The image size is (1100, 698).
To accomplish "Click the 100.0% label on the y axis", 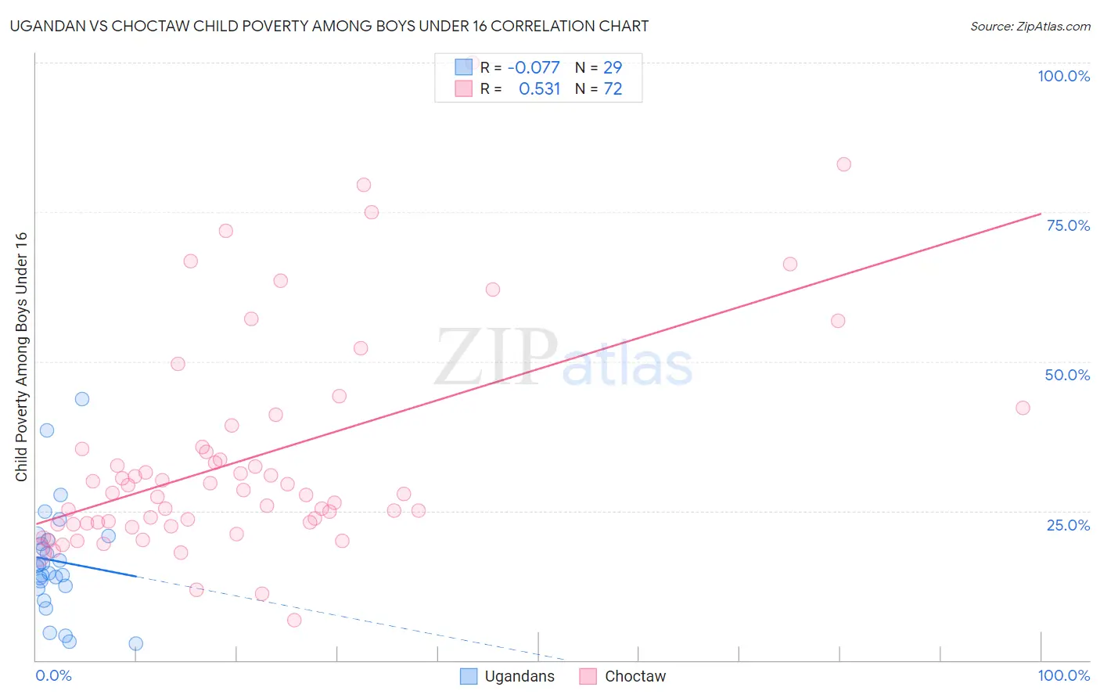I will tap(1063, 76).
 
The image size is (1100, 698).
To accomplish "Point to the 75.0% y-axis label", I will tap(1068, 225).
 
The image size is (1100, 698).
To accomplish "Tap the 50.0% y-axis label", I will tap(1067, 375).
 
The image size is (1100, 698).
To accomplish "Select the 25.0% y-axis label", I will tap(1068, 525).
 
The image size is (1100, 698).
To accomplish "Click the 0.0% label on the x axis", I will tap(53, 675).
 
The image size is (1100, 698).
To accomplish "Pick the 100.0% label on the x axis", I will tap(1063, 675).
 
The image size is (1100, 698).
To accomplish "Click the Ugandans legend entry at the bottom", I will tap(508, 676).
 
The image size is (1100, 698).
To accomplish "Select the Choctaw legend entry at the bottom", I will tap(623, 676).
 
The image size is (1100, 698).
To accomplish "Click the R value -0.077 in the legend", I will tap(534, 68).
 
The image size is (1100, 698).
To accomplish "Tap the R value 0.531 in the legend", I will tap(539, 89).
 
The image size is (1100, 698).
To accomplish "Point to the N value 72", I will tap(613, 89).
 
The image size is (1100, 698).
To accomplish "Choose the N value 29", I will tap(613, 68).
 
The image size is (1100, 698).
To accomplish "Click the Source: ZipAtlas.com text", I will tap(1030, 26).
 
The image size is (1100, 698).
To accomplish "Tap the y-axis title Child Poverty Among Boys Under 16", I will tap(21, 357).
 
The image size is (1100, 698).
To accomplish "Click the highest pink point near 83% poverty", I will tap(843, 164).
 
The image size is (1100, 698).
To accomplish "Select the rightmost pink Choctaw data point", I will tap(1023, 408).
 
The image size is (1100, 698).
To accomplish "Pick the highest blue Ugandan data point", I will tap(82, 399).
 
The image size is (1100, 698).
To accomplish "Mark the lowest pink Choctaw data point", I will tap(294, 620).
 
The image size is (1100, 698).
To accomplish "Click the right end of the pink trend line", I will tap(1041, 214).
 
